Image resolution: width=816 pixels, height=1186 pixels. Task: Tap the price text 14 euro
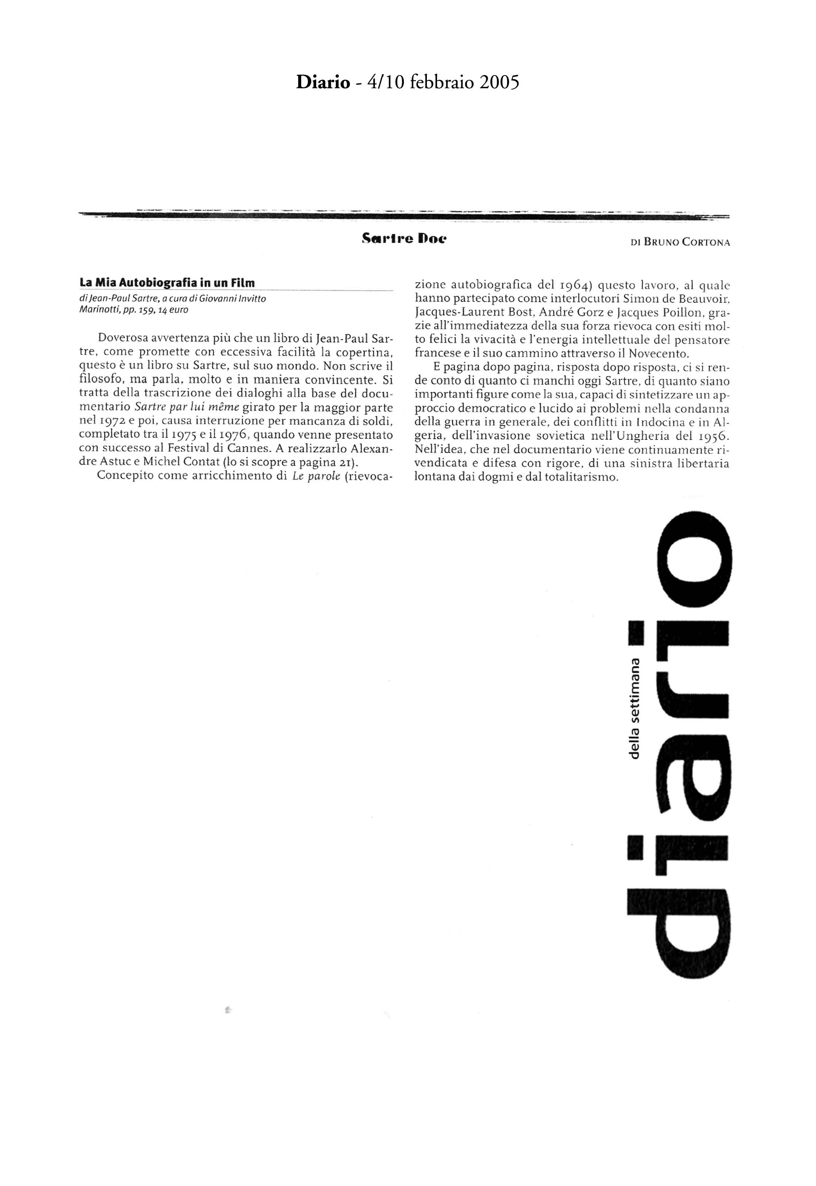click(x=174, y=310)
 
